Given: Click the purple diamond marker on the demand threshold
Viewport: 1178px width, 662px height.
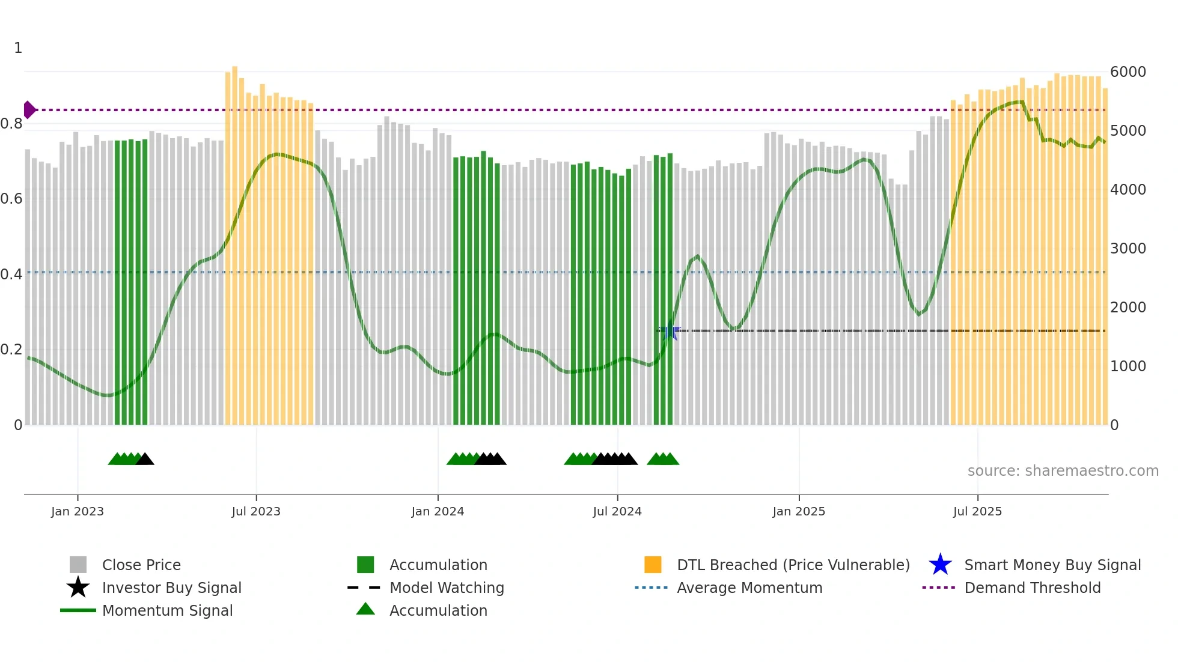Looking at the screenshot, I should pyautogui.click(x=29, y=110).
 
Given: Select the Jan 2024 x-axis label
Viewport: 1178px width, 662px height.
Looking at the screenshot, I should pyautogui.click(x=438, y=511).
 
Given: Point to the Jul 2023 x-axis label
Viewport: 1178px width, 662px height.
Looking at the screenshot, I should pyautogui.click(x=256, y=511).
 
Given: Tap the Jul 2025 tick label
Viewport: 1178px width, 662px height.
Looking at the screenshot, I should pyautogui.click(x=977, y=511).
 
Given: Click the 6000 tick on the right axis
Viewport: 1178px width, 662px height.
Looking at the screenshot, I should pyautogui.click(x=1128, y=72).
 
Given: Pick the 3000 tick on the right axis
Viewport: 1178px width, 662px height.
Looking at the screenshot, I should pyautogui.click(x=1128, y=248).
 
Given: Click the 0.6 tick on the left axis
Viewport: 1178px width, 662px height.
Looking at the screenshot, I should pyautogui.click(x=11, y=199).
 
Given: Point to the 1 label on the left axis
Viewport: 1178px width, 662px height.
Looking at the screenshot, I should pyautogui.click(x=18, y=48).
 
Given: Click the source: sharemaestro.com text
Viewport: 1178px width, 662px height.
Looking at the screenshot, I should pyautogui.click(x=1063, y=470).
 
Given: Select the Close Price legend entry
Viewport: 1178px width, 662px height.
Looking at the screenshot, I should pyautogui.click(x=141, y=565).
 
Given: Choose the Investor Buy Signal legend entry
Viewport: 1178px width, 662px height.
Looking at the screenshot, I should pyautogui.click(x=171, y=588).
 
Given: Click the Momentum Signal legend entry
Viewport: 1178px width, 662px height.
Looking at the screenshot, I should pyautogui.click(x=167, y=610).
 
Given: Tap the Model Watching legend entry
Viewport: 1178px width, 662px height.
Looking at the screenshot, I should pyautogui.click(x=447, y=588).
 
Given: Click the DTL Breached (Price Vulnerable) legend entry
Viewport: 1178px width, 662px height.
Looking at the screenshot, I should pyautogui.click(x=793, y=565).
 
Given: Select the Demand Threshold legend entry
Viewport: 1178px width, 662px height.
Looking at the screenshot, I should pyautogui.click(x=1032, y=588).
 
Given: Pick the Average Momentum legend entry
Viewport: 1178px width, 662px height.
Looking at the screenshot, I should pyautogui.click(x=749, y=588).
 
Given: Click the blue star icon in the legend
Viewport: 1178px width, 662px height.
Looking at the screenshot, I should pyautogui.click(x=940, y=565).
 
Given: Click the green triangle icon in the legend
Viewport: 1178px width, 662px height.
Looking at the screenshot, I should pyautogui.click(x=365, y=609).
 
